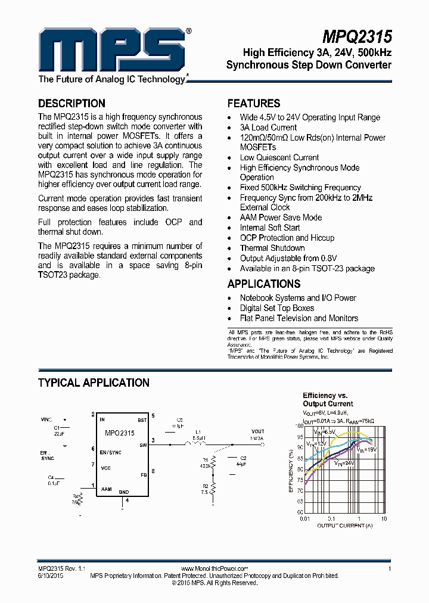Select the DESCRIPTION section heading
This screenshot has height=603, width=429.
tap(71, 103)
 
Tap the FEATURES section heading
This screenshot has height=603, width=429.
tap(254, 103)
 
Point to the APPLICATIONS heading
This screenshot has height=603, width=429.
tap(264, 284)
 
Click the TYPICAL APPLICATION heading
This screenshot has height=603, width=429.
tap(94, 383)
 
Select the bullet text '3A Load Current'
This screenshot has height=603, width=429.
tap(268, 128)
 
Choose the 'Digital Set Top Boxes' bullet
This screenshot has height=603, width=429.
tap(277, 308)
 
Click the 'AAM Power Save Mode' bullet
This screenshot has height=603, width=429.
tap(281, 217)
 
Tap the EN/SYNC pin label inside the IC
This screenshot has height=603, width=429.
tap(111, 452)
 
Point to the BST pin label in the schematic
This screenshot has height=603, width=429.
tap(142, 419)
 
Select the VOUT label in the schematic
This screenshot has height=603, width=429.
tap(257, 431)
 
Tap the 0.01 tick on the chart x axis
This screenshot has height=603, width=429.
tap(304, 518)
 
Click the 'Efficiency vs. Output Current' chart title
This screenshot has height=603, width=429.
tap(328, 400)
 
